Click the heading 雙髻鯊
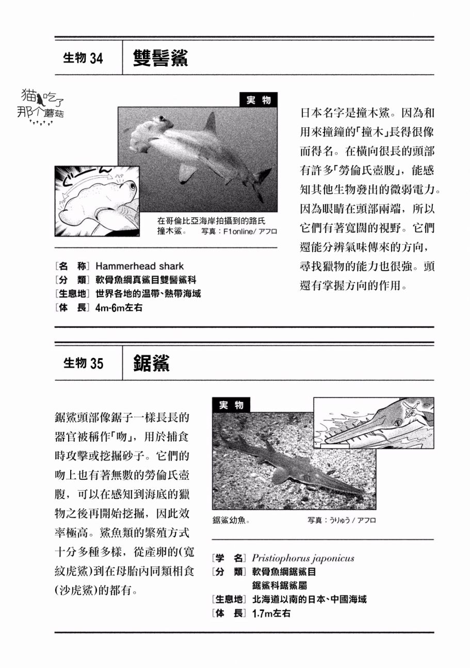160,58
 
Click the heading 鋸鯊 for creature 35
151,363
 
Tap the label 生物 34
83,58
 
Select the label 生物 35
83,363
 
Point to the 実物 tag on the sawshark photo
231,405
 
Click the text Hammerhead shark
139,266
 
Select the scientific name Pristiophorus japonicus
303,558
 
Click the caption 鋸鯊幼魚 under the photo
231,521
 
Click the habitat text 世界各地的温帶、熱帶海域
148,294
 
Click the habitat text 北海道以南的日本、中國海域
309,599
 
